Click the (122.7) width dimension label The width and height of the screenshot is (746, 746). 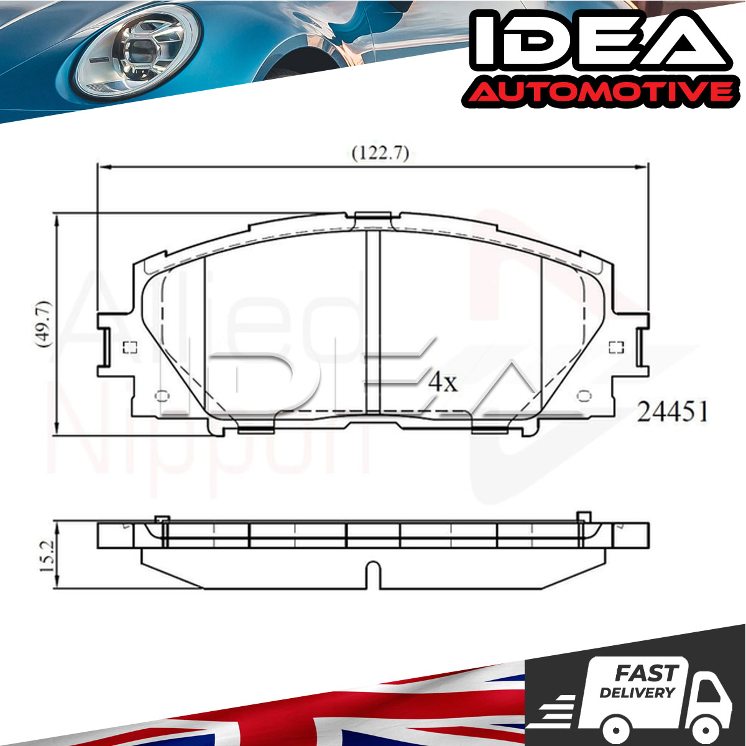click(x=380, y=154)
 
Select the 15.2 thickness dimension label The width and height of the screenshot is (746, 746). click(x=47, y=557)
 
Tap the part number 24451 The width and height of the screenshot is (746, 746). click(x=673, y=412)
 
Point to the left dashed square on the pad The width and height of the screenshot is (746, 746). click(x=130, y=348)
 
